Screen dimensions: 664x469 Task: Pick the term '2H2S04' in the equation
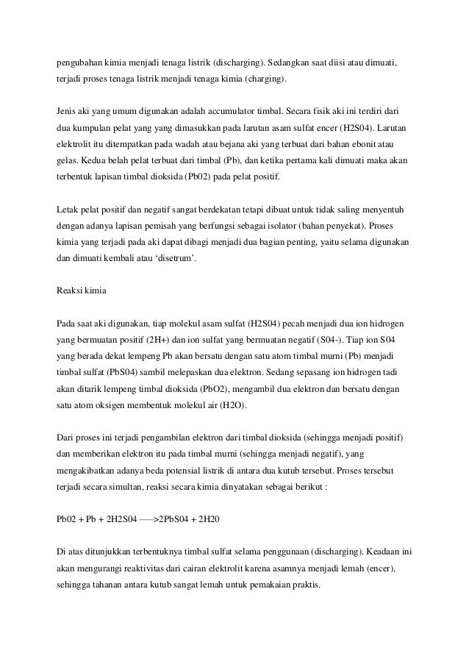118,519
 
